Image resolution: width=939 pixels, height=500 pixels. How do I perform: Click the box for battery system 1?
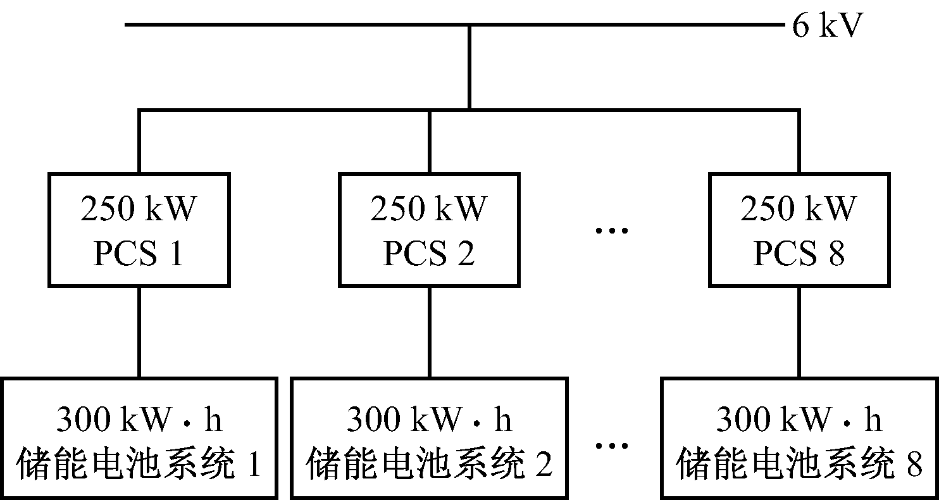(x=139, y=438)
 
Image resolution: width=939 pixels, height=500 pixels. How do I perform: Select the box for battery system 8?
(x=799, y=438)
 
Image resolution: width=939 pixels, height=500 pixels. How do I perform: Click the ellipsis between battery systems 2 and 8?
(x=613, y=446)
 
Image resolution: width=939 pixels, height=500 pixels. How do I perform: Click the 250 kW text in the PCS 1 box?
(x=139, y=209)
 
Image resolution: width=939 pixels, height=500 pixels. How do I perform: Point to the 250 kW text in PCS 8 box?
(x=799, y=209)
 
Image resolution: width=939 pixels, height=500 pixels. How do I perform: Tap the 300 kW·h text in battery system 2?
(x=429, y=420)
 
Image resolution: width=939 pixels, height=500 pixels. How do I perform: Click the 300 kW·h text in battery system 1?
(x=139, y=420)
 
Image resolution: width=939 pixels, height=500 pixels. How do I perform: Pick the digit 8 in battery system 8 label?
(x=914, y=466)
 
